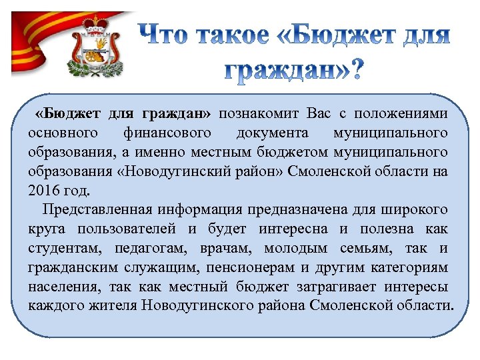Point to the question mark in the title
[357, 69]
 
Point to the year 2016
[44, 191]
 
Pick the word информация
[201, 210]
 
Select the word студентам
[61, 249]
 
